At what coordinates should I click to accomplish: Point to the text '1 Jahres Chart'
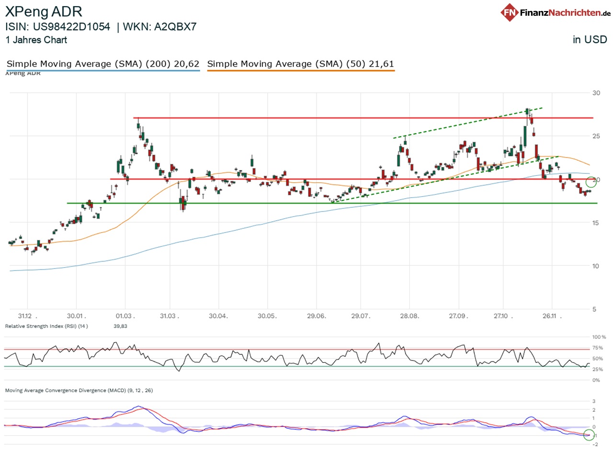36,40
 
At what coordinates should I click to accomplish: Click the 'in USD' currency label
590,40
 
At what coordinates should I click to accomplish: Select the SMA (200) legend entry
102,64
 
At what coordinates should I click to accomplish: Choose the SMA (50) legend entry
301,64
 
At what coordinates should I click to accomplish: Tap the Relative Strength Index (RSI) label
46,326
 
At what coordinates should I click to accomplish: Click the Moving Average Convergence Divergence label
79,390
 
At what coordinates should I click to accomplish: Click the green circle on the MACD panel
589,435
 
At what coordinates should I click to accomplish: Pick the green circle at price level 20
592,181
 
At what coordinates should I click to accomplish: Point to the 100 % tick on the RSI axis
599,337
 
